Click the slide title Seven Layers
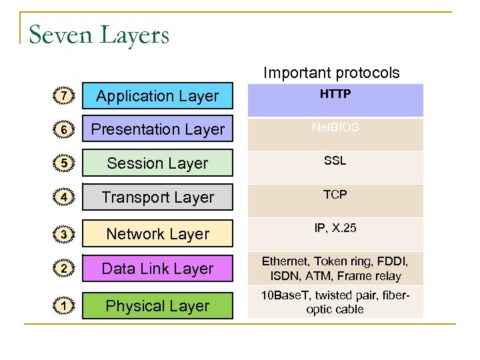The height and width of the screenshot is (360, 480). pos(99,34)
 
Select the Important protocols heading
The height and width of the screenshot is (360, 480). pos(331,73)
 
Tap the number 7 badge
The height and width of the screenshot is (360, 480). pos(63,97)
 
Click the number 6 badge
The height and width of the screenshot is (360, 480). pos(63,129)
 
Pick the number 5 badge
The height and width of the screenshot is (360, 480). pos(63,163)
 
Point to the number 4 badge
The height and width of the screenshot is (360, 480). pos(63,197)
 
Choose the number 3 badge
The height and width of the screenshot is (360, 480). pos(63,234)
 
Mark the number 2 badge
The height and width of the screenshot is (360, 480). pos(63,269)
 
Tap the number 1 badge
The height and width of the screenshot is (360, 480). pos(63,306)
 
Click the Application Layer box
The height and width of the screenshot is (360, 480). pos(157,96)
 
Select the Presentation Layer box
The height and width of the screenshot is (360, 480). pos(157,129)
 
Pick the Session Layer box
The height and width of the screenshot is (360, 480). pos(157,163)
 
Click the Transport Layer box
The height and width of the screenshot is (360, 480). pos(157,197)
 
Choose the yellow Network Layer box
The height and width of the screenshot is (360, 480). pos(157,234)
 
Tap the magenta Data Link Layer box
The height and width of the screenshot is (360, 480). pos(157,269)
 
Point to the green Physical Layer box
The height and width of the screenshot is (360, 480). pos(157,306)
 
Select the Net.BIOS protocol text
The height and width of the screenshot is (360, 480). pos(335,127)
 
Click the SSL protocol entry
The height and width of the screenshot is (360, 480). pos(335,161)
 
